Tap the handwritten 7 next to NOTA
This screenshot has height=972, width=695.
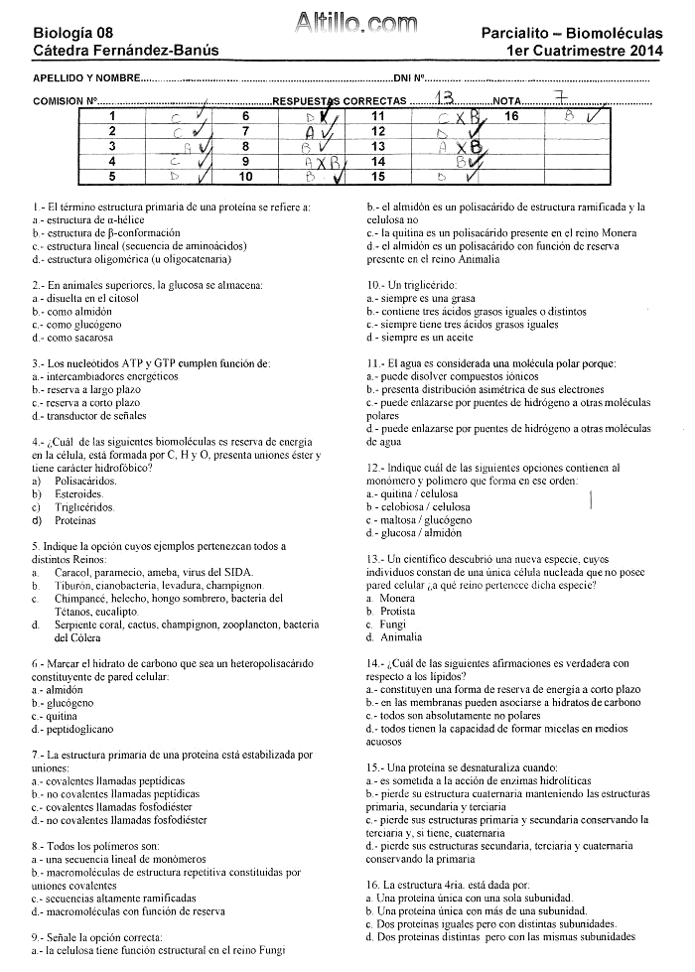pos(562,97)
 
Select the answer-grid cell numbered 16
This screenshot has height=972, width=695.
pos(511,116)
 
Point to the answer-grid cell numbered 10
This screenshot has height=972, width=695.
pos(246,177)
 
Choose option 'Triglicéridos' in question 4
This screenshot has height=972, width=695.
pos(85,506)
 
